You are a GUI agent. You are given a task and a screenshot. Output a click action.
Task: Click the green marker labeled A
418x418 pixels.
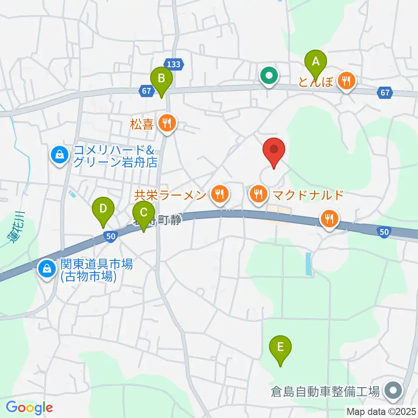(315, 63)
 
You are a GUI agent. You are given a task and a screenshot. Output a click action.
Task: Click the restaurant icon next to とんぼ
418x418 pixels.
(347, 81)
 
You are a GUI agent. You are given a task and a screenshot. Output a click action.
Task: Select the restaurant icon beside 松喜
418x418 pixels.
(167, 124)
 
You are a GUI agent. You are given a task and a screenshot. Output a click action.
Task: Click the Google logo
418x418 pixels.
(30, 408)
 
